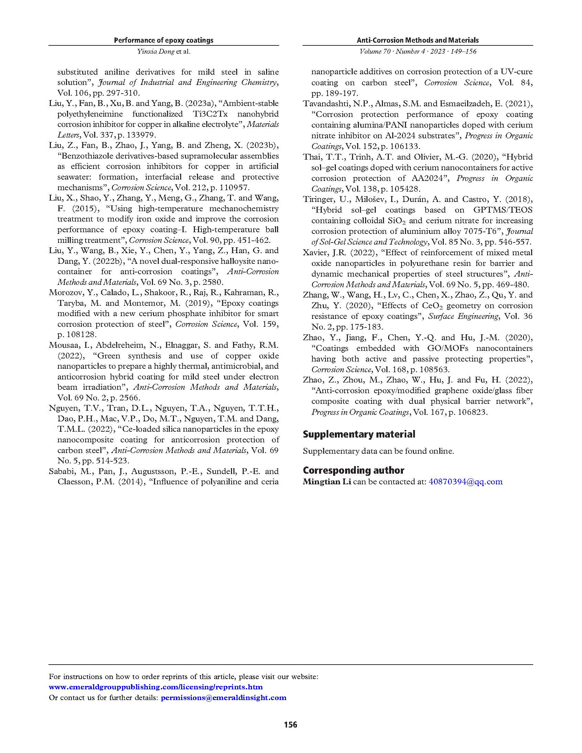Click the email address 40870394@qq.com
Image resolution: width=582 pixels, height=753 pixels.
point(465,482)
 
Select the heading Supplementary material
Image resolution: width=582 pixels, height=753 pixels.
point(359,434)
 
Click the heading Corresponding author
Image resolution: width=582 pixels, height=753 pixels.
point(353,470)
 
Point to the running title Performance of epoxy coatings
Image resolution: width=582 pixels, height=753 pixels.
point(164,40)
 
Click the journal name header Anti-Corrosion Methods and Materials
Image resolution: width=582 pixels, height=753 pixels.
point(418,40)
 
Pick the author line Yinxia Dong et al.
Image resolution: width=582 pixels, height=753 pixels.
point(164,52)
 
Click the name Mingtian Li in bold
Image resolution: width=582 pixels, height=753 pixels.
point(327,482)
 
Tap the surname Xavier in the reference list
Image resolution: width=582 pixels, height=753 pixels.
point(314,253)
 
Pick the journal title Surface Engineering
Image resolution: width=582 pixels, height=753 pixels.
point(463,316)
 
